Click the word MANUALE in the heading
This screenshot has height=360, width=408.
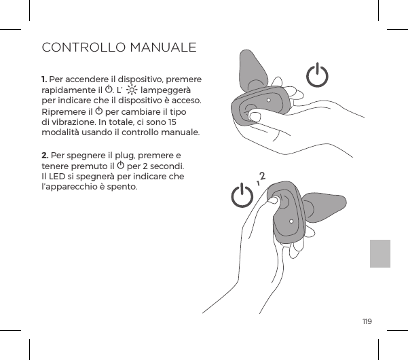[163, 49]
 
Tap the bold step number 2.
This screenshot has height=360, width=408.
[44, 156]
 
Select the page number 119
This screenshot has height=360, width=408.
[367, 321]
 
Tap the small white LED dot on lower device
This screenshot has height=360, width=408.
[291, 221]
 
